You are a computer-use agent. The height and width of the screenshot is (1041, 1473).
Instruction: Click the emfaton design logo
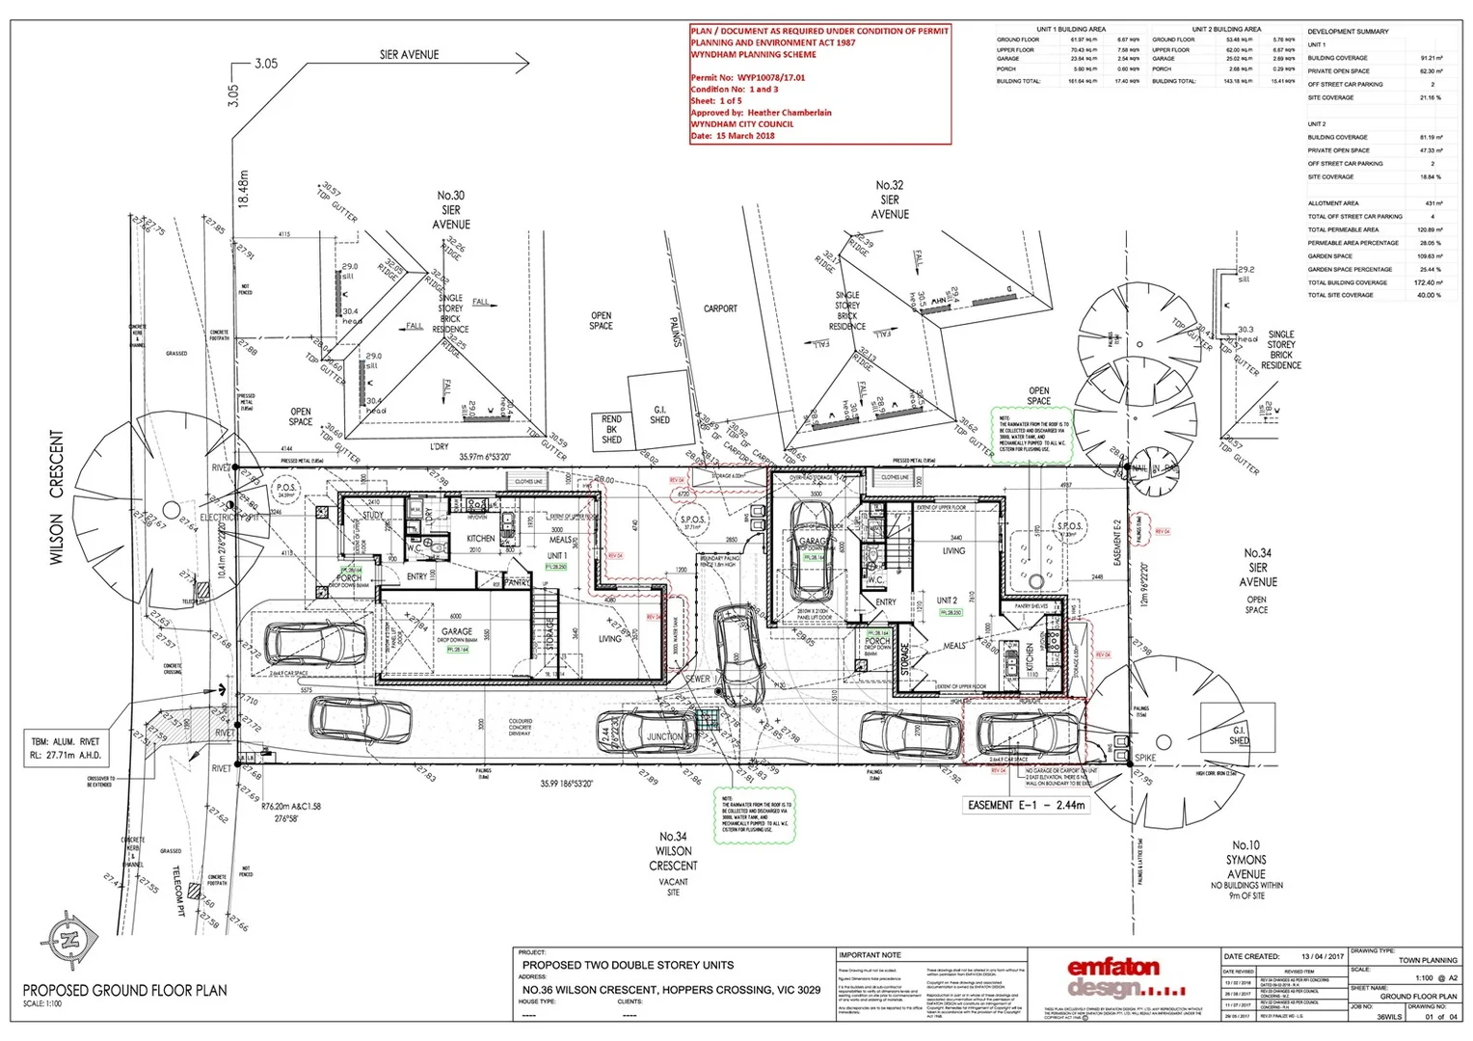[x=1113, y=977]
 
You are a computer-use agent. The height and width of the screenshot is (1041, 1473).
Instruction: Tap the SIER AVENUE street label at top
[x=409, y=55]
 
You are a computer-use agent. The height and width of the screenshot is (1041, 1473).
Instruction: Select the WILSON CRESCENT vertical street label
[x=56, y=497]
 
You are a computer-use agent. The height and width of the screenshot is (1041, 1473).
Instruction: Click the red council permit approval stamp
[x=819, y=84]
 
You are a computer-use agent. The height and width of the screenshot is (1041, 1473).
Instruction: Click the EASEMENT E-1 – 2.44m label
[x=1027, y=805]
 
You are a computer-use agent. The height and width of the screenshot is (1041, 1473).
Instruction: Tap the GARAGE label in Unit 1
[x=457, y=632]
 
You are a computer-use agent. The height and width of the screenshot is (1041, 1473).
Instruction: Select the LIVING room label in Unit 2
[x=953, y=550]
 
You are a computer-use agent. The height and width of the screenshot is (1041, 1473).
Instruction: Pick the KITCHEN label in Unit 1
[x=480, y=539]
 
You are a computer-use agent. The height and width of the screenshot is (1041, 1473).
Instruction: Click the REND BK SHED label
[x=611, y=429]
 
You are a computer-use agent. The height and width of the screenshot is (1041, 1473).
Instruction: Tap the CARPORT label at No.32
[x=720, y=309]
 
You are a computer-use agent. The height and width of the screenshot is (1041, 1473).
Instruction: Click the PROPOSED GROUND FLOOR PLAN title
[x=125, y=990]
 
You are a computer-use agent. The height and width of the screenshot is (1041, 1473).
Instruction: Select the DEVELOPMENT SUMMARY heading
[x=1348, y=32]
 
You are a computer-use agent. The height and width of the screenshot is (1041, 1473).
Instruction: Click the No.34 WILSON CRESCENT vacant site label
[x=673, y=858]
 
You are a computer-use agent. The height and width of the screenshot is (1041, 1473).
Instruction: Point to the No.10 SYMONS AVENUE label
[x=1245, y=864]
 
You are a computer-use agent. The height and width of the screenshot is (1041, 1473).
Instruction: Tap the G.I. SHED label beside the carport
[x=659, y=414]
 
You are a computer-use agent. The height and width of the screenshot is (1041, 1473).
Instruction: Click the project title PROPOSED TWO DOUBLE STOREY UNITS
[x=628, y=965]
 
